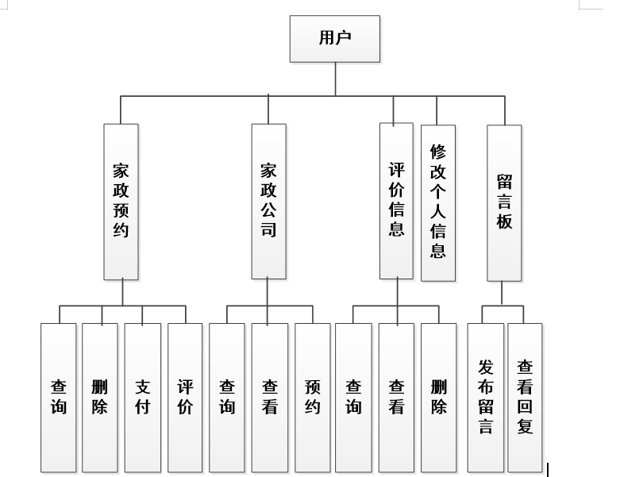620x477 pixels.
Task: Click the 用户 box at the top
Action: (335, 38)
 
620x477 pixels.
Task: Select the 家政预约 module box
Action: (121, 202)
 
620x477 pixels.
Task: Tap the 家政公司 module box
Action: (268, 202)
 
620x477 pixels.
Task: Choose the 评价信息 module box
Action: (396, 202)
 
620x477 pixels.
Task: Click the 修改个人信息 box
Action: (438, 202)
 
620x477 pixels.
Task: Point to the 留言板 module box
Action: (504, 202)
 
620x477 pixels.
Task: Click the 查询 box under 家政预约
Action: (59, 397)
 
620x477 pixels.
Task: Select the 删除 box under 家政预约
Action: (100, 397)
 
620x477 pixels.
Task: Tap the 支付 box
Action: (143, 397)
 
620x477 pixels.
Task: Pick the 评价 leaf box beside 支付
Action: (185, 397)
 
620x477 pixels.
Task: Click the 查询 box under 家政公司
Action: (227, 397)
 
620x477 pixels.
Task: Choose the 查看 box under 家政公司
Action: (269, 397)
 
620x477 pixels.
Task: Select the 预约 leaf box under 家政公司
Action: (313, 397)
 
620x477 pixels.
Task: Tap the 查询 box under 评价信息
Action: (353, 397)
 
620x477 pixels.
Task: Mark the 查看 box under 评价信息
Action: (396, 397)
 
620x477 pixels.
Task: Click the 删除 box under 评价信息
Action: (439, 397)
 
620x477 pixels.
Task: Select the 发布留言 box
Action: (486, 397)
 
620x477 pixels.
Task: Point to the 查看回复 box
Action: (525, 397)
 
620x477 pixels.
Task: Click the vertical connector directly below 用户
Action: (335, 79)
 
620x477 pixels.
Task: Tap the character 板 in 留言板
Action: (504, 221)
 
